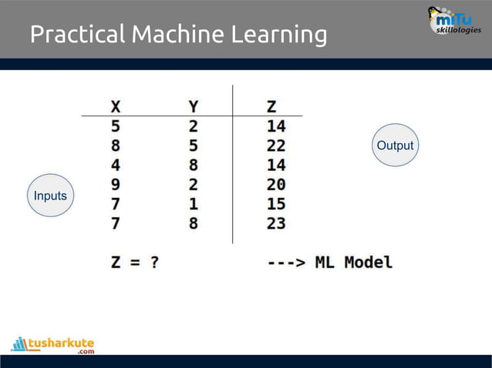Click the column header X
coord(116,106)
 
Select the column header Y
coord(194,106)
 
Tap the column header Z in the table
coord(271,106)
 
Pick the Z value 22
coord(276,146)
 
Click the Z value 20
coord(276,185)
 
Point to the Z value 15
coord(276,204)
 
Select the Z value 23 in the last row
coord(276,223)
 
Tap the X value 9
coord(116,185)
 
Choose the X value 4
coord(116,165)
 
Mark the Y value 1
coord(194,204)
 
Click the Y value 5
coord(194,146)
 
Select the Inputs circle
coord(50,196)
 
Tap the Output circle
coord(395,146)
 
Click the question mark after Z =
coord(154,262)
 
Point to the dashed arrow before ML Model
coord(287,262)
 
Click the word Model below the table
coord(368,262)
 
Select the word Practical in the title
coord(77,35)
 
